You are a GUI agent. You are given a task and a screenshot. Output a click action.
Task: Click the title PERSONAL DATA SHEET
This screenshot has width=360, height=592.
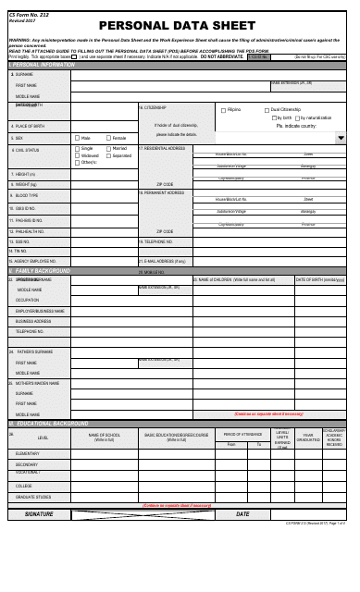[x=180, y=26]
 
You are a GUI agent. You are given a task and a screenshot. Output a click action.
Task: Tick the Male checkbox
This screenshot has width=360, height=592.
[x=78, y=138]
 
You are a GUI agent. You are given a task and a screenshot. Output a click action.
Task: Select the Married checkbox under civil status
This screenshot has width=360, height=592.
[x=108, y=148]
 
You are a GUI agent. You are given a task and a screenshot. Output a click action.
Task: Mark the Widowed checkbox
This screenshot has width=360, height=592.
[x=78, y=155]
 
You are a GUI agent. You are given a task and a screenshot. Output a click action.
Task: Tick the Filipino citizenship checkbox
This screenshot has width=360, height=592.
[x=223, y=109]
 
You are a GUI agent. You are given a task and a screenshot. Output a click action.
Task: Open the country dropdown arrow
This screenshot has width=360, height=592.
[x=340, y=138]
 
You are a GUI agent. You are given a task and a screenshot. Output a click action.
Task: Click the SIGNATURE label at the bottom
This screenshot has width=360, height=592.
[x=39, y=513]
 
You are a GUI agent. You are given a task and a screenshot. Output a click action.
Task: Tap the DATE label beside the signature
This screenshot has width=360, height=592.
[x=242, y=513]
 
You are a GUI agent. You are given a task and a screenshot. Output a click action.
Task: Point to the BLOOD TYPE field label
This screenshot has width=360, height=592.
[x=26, y=196]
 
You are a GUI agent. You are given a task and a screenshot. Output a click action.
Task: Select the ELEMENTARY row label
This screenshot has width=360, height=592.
[x=29, y=453]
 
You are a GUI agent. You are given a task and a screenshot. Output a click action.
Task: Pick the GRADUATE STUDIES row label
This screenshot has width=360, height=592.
[x=32, y=495]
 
